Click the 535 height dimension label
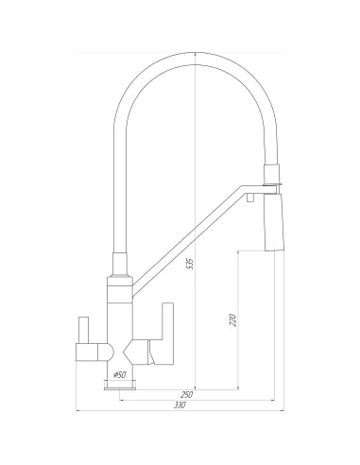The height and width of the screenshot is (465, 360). (x=191, y=264)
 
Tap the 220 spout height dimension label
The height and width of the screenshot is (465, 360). (x=233, y=320)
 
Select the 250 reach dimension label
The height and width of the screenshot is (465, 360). (x=187, y=394)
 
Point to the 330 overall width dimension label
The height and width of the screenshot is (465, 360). (x=180, y=405)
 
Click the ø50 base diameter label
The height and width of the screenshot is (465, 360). (x=120, y=375)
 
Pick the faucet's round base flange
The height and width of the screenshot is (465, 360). (x=120, y=385)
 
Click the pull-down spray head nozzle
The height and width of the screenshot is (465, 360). (x=274, y=222)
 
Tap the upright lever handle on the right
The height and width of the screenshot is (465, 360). (x=167, y=334)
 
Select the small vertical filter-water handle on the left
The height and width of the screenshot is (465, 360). (x=83, y=330)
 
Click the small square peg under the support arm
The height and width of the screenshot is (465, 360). (x=250, y=198)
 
